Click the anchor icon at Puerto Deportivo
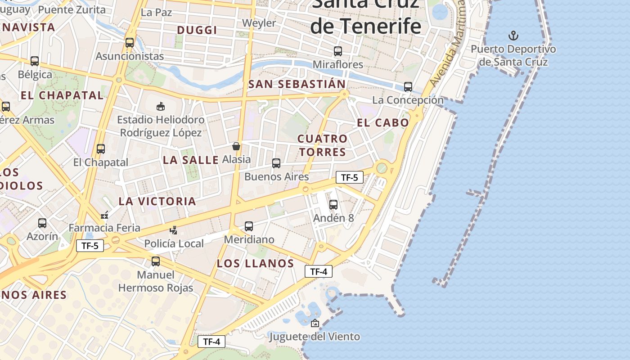pyautogui.click(x=513, y=35)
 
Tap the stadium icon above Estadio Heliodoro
pyautogui.click(x=160, y=106)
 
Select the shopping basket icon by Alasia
pyautogui.click(x=236, y=146)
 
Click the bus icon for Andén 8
pyautogui.click(x=333, y=205)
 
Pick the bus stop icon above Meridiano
pyautogui.click(x=249, y=226)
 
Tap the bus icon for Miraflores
pyautogui.click(x=338, y=51)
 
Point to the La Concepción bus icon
pyautogui.click(x=408, y=87)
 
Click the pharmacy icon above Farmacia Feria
pyautogui.click(x=105, y=215)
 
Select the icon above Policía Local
pyautogui.click(x=174, y=230)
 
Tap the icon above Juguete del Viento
pyautogui.click(x=315, y=323)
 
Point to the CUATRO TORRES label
pyautogui.click(x=323, y=145)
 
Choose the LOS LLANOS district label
pyautogui.click(x=255, y=263)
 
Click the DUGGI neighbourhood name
pyautogui.click(x=197, y=30)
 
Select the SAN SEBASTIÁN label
pyautogui.click(x=297, y=84)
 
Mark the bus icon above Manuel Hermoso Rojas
pyautogui.click(x=156, y=261)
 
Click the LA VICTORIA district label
pyautogui.click(x=157, y=201)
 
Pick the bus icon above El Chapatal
pyautogui.click(x=101, y=149)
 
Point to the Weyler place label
pyautogui.click(x=259, y=23)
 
